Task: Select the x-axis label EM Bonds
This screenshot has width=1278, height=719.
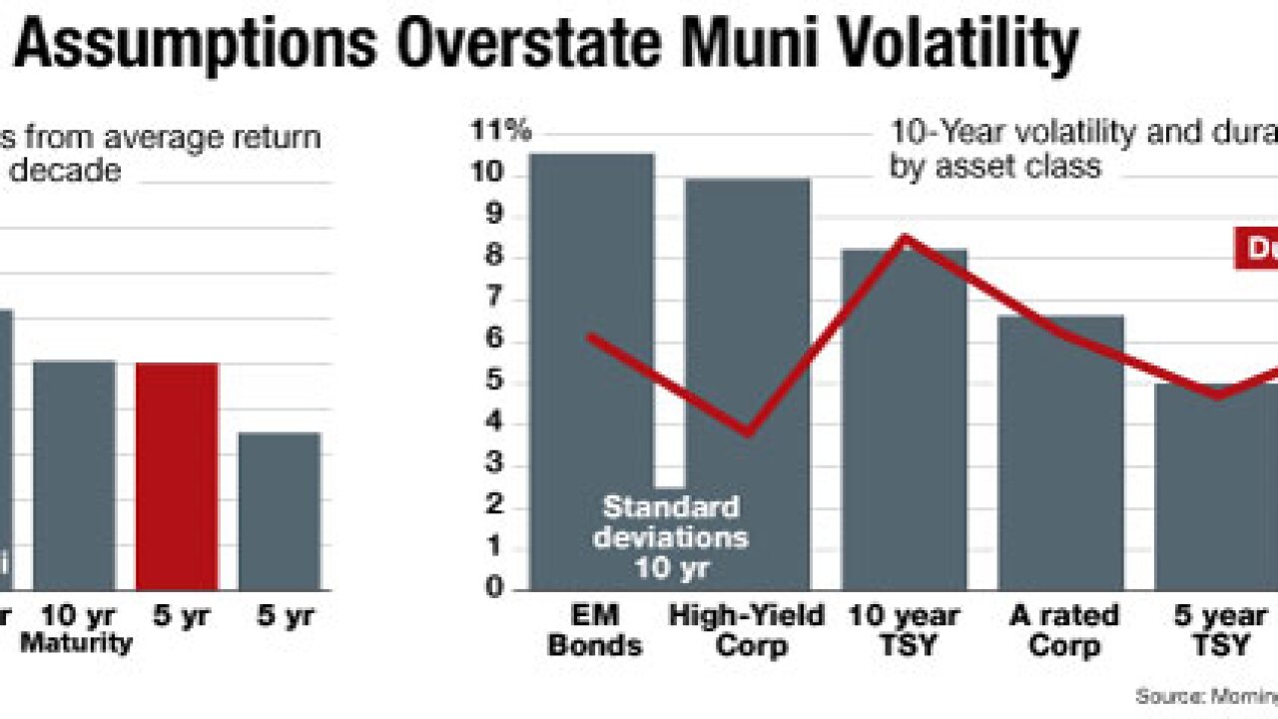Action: click(594, 630)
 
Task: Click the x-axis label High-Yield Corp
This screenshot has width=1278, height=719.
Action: click(748, 630)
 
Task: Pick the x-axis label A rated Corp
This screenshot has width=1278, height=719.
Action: click(1060, 630)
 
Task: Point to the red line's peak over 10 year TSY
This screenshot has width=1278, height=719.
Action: click(904, 238)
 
